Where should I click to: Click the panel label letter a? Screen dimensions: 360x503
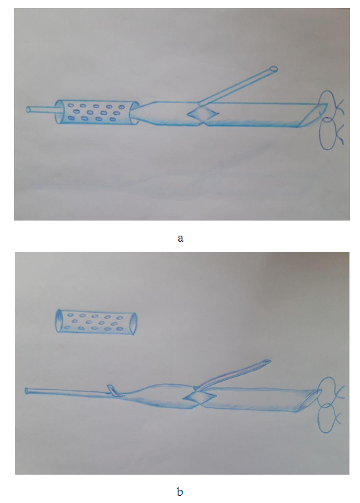pyautogui.click(x=180, y=238)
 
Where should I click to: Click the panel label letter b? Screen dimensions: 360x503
pyautogui.click(x=180, y=491)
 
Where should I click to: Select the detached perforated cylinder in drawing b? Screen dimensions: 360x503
pyautogui.click(x=96, y=322)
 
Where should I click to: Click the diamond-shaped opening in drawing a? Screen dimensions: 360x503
pyautogui.click(x=202, y=113)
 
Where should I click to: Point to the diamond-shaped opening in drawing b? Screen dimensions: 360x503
pyautogui.click(x=199, y=398)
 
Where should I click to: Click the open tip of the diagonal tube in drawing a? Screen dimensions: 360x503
pyautogui.click(x=273, y=68)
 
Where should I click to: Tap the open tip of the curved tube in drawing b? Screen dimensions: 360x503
pyautogui.click(x=267, y=361)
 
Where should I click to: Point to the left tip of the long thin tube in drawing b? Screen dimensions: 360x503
pyautogui.click(x=26, y=391)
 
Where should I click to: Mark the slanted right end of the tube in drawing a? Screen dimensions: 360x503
pyautogui.click(x=313, y=115)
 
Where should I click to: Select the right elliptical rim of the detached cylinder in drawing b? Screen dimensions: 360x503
pyautogui.click(x=134, y=324)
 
